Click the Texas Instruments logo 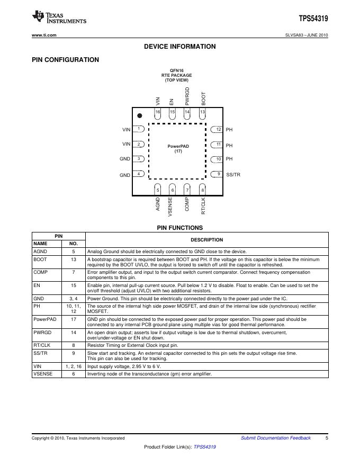point(59,17)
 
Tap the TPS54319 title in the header point(313,19)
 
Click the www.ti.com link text point(44,35)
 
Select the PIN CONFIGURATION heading point(65,60)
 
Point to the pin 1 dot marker point(139,115)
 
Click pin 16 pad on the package point(158,112)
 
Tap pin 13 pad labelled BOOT point(202,112)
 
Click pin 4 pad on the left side point(139,174)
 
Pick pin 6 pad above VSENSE point(172,190)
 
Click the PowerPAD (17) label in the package point(178,148)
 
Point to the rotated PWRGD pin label point(187,97)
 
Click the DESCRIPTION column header point(207,240)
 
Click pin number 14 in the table point(74,332)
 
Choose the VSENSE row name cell point(43,374)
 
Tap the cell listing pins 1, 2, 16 point(74,366)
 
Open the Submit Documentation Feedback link point(275,438)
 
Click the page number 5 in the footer point(327,438)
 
